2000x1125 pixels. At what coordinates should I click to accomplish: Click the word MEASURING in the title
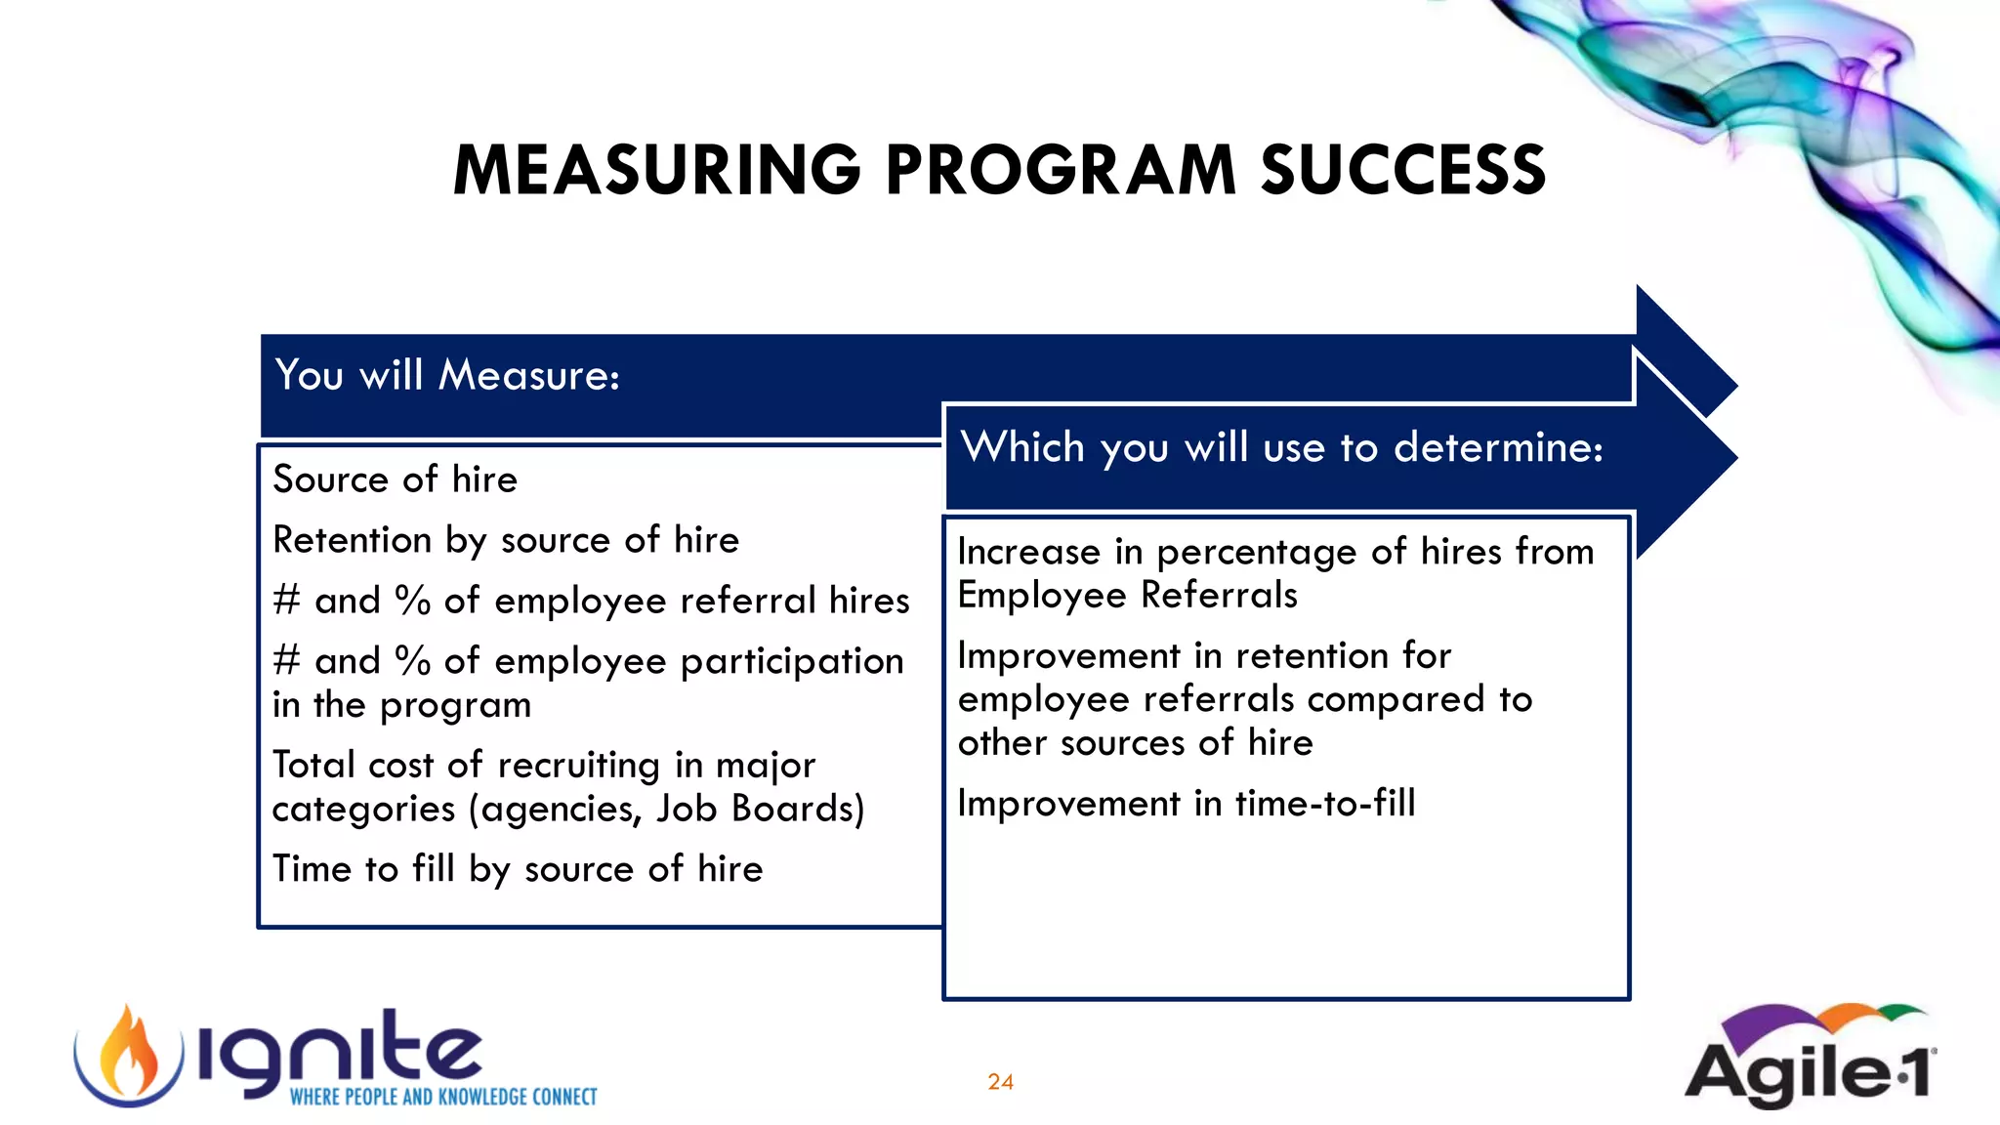[x=656, y=170]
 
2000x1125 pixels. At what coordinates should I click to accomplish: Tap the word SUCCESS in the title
[x=1403, y=170]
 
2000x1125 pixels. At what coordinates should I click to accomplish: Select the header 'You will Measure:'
[x=447, y=375]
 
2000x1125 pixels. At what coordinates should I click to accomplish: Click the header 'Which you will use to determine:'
[x=1281, y=447]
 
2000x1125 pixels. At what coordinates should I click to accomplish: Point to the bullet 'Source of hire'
[x=395, y=479]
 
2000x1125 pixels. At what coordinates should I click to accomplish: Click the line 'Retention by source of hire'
[x=506, y=540]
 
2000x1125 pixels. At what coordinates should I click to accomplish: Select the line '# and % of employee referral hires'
[x=591, y=601]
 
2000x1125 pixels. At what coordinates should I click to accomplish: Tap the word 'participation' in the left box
[x=792, y=662]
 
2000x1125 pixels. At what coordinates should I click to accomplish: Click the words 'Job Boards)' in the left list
[x=760, y=810]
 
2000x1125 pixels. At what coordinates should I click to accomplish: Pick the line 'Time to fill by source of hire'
[x=518, y=869]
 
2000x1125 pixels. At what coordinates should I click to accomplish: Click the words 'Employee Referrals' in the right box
[x=1127, y=595]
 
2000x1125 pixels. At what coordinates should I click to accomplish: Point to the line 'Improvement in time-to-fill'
[x=1186, y=804]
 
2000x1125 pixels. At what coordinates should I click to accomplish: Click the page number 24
[x=1000, y=1082]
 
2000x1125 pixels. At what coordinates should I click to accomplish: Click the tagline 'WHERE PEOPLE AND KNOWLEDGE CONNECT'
[x=443, y=1098]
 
